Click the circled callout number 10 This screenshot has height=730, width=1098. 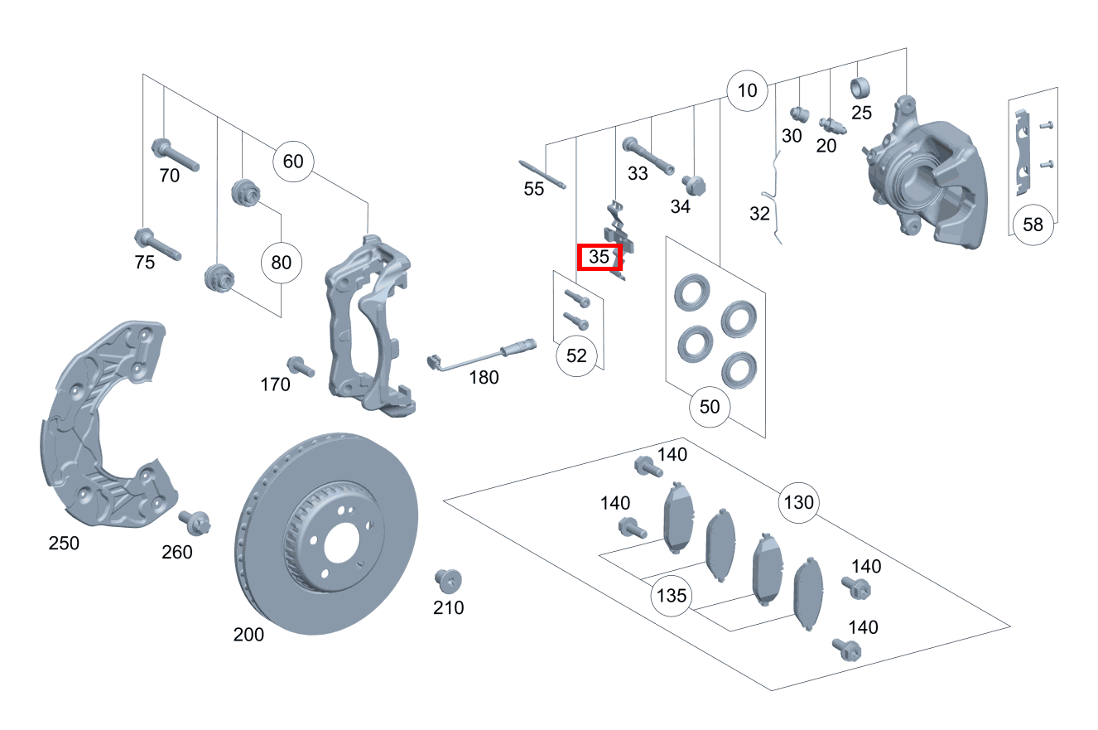coord(747,90)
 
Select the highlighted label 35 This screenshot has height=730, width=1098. coord(600,258)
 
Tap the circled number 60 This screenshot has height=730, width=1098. coord(293,161)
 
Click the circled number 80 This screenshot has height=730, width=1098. coord(282,263)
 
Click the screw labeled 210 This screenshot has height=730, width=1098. coord(448,580)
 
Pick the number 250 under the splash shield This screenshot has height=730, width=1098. coord(64,544)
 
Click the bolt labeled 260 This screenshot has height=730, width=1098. coord(195,523)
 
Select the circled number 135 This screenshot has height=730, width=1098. coord(672,595)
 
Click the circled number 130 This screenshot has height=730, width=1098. coord(798,502)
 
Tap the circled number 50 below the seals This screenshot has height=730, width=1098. coord(710,407)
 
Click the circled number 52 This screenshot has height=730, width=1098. coord(576,355)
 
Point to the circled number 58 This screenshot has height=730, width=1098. coord(1033,225)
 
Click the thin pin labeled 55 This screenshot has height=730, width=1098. coord(543,173)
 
